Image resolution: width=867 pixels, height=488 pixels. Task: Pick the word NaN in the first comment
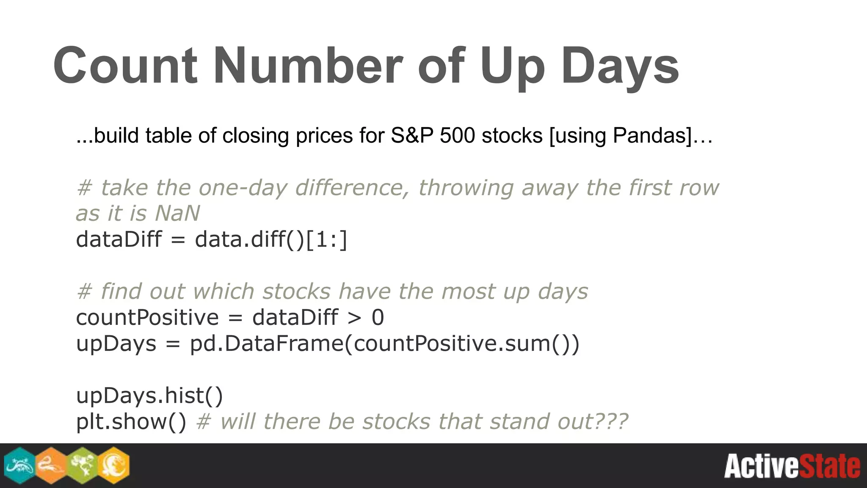(177, 213)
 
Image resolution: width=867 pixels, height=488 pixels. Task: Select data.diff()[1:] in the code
(271, 240)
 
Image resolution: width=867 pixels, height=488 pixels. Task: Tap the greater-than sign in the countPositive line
(354, 318)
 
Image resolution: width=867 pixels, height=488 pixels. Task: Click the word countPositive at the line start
(147, 318)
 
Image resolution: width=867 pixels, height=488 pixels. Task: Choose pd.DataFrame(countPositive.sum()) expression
(384, 344)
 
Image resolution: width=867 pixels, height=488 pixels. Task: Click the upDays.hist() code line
(149, 396)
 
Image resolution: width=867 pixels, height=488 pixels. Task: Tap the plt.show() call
(131, 421)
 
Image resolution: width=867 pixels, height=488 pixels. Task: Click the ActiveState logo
(792, 466)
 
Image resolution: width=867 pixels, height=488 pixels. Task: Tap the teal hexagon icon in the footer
(19, 466)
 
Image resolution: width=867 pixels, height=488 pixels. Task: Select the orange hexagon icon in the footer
(51, 466)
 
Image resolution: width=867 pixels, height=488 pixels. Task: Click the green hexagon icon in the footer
(82, 466)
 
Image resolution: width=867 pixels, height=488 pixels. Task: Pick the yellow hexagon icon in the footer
(113, 466)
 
